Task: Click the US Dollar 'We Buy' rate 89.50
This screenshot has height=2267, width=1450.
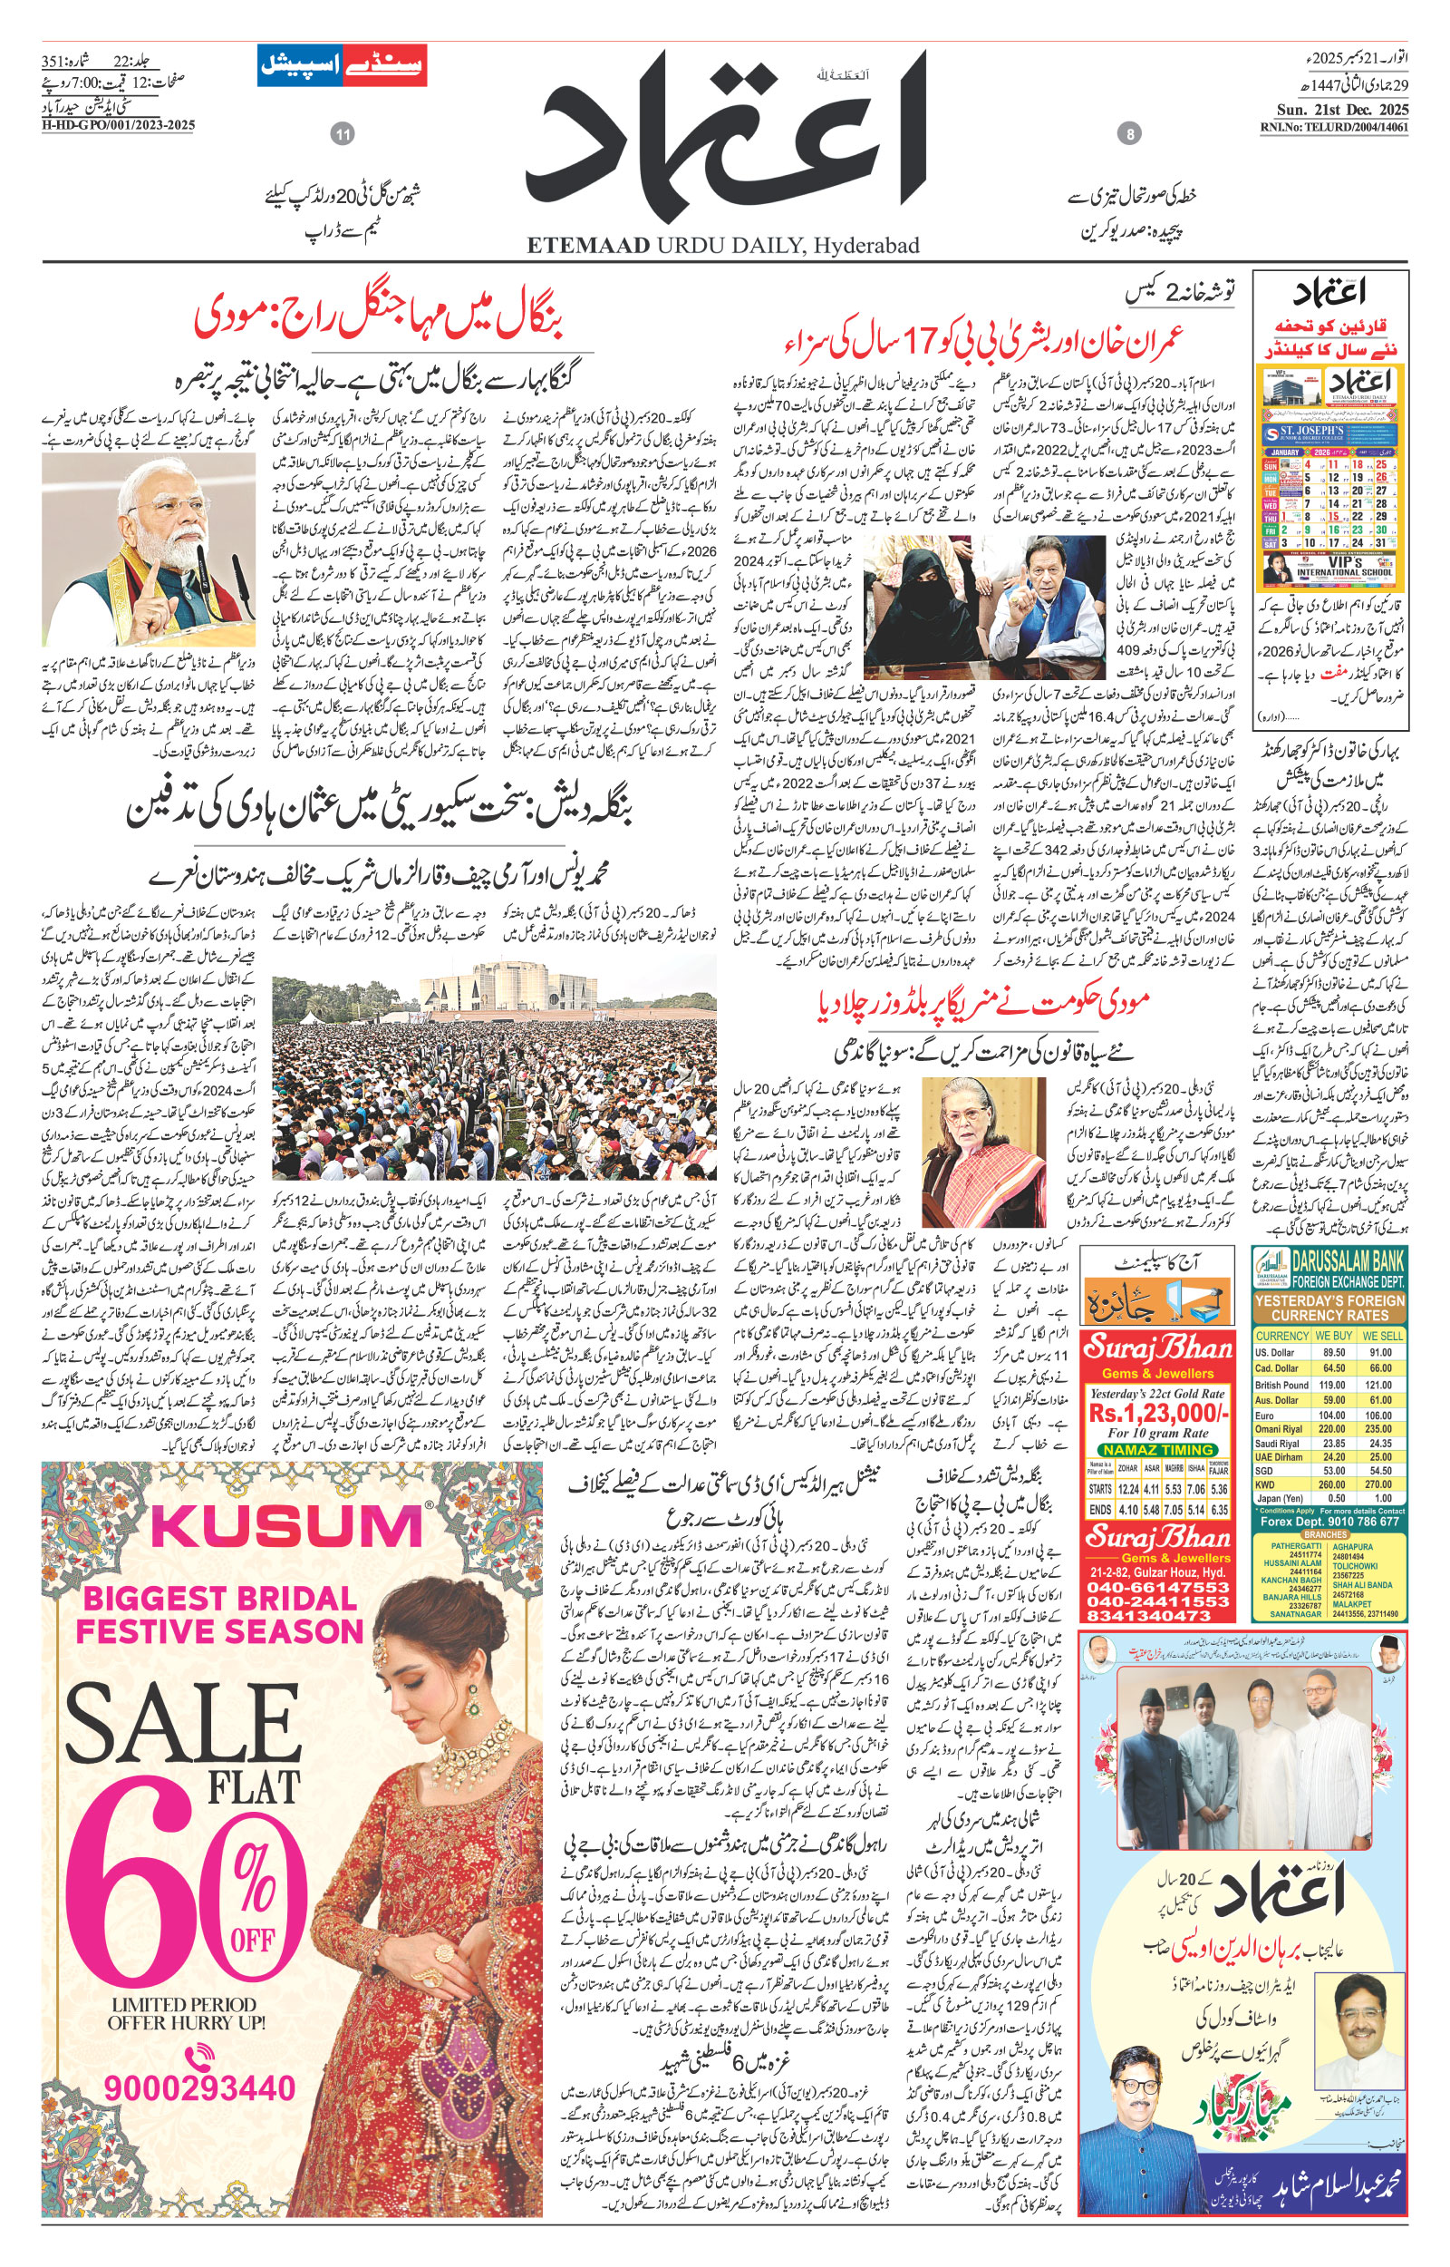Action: [1332, 1352]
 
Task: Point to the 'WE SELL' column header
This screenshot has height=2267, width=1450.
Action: [1382, 1336]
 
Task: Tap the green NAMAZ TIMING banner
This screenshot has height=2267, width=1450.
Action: [1158, 1449]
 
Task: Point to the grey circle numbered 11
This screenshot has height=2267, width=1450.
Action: [343, 136]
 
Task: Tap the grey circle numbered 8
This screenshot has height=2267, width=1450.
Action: [1130, 136]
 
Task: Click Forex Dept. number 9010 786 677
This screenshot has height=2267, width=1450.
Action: [1351, 1520]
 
